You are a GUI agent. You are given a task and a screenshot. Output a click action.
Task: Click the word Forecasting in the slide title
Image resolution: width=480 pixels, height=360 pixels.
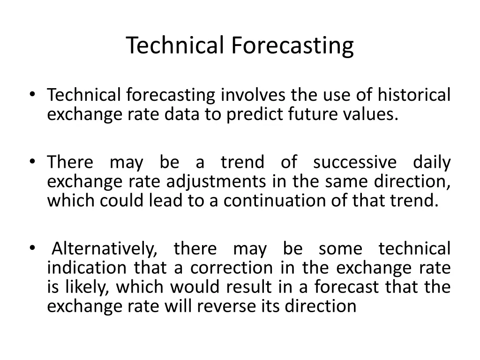click(292, 46)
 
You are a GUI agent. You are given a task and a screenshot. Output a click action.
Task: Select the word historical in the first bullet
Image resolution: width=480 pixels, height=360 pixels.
click(414, 95)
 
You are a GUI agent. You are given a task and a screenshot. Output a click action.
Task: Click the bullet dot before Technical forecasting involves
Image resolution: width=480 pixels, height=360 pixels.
click(32, 94)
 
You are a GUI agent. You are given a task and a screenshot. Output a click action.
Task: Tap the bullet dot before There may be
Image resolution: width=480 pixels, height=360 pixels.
click(32, 162)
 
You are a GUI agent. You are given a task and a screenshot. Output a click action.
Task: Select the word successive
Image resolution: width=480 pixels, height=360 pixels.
click(354, 163)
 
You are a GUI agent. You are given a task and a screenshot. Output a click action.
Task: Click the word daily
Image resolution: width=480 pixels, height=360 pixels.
click(431, 163)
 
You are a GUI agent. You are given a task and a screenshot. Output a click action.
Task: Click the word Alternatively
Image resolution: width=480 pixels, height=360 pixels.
click(105, 249)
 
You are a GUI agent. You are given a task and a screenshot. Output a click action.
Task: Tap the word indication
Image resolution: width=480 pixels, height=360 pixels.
click(87, 268)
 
